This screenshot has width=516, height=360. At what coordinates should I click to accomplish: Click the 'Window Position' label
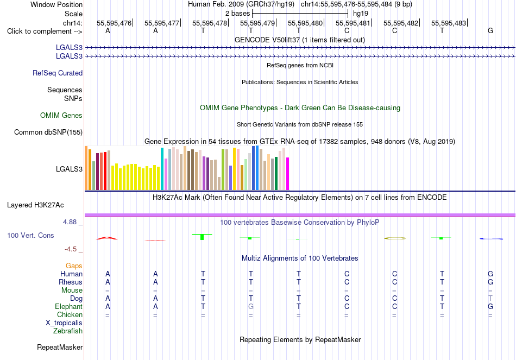pos(56,4)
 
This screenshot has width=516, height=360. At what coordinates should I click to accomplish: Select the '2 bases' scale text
pos(237,14)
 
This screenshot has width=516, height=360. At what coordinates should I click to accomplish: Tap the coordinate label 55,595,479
pos(257,23)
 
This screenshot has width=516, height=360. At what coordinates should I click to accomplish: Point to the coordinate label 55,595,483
pos(449,23)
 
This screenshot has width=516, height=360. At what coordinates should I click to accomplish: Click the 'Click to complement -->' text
pos(45,31)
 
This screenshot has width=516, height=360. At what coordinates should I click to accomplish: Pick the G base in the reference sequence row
pos(490,30)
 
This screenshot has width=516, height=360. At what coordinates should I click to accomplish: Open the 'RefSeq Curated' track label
pos(58,73)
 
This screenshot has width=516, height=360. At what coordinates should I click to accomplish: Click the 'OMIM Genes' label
pos(61,115)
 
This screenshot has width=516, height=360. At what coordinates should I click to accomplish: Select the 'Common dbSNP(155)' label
pos(48,132)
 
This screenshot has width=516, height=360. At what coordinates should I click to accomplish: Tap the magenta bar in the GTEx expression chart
pos(288,174)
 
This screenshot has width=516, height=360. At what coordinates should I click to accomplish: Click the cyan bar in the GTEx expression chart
pos(162,169)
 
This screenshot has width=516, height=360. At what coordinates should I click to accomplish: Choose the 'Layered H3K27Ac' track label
pos(35,205)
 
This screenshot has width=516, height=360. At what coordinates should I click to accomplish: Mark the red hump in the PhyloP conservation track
pos(106,238)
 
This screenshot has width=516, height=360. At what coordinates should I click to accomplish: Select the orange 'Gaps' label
pos(74,266)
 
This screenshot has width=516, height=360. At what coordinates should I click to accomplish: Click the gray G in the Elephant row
pos(251,306)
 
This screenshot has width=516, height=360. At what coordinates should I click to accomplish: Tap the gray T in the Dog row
pos(490,298)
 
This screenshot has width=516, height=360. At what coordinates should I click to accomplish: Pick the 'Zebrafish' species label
pos(68,331)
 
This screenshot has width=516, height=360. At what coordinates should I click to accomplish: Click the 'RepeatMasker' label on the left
pos(60,347)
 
